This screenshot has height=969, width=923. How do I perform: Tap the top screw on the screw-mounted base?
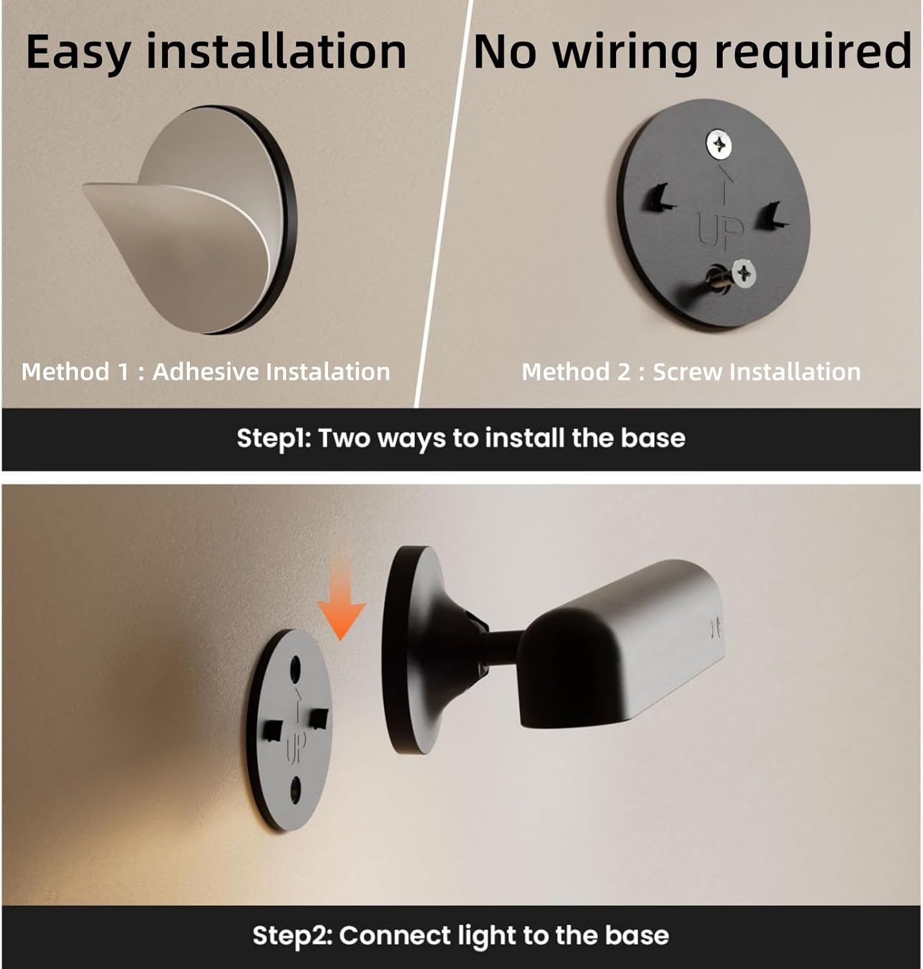click(718, 144)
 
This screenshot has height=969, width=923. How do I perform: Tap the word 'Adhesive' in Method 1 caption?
click(206, 372)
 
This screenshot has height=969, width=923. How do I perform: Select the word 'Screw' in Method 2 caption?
click(686, 372)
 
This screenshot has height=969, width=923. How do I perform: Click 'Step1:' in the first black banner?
click(274, 439)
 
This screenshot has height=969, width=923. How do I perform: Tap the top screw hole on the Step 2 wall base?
click(296, 668)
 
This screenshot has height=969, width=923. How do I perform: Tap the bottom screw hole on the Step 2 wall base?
click(296, 789)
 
